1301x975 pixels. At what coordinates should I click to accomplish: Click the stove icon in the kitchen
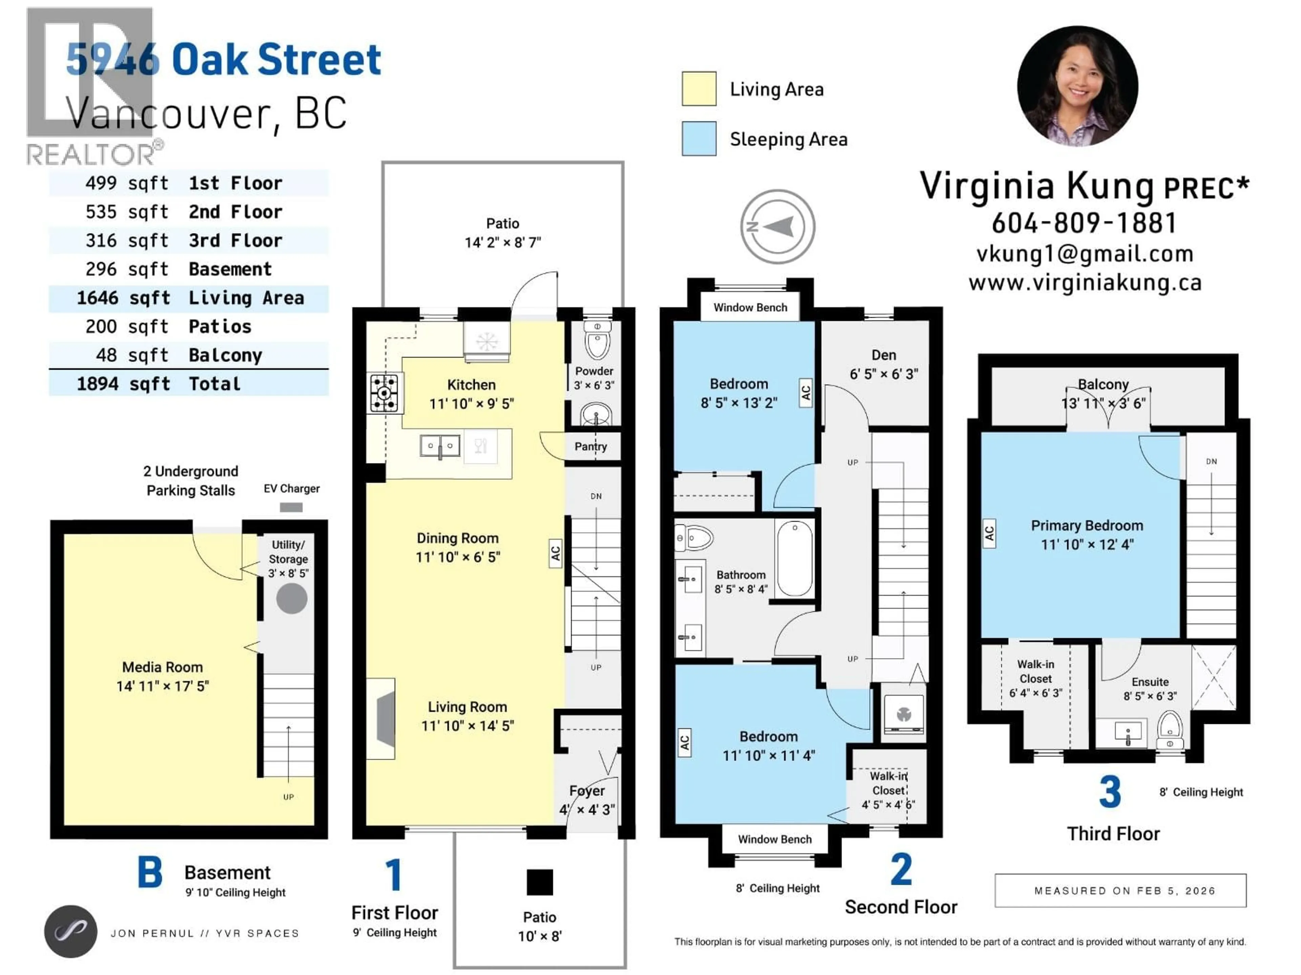[384, 393]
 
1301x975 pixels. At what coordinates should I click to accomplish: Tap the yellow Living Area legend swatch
[699, 89]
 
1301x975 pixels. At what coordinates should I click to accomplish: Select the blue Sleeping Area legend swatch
[699, 139]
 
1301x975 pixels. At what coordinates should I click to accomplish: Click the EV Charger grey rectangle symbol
[291, 506]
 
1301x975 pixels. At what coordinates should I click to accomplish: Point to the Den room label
[883, 355]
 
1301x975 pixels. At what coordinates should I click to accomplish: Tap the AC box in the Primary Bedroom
[989, 533]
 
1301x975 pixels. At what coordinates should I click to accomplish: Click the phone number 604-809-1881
[1084, 223]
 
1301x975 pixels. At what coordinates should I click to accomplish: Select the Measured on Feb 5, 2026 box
[1120, 890]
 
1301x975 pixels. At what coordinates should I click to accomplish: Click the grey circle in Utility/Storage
[292, 599]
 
